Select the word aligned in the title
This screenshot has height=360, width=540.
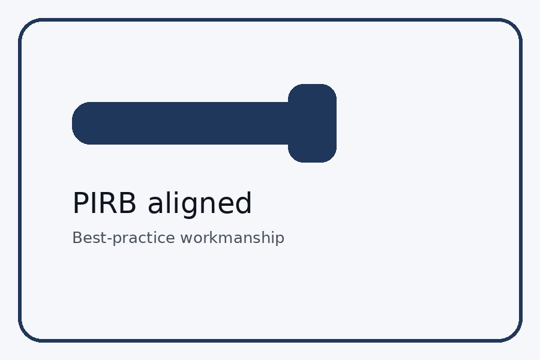[x=200, y=204]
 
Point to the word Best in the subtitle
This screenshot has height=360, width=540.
[x=86, y=238]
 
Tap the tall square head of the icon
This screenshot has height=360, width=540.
[x=312, y=123]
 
